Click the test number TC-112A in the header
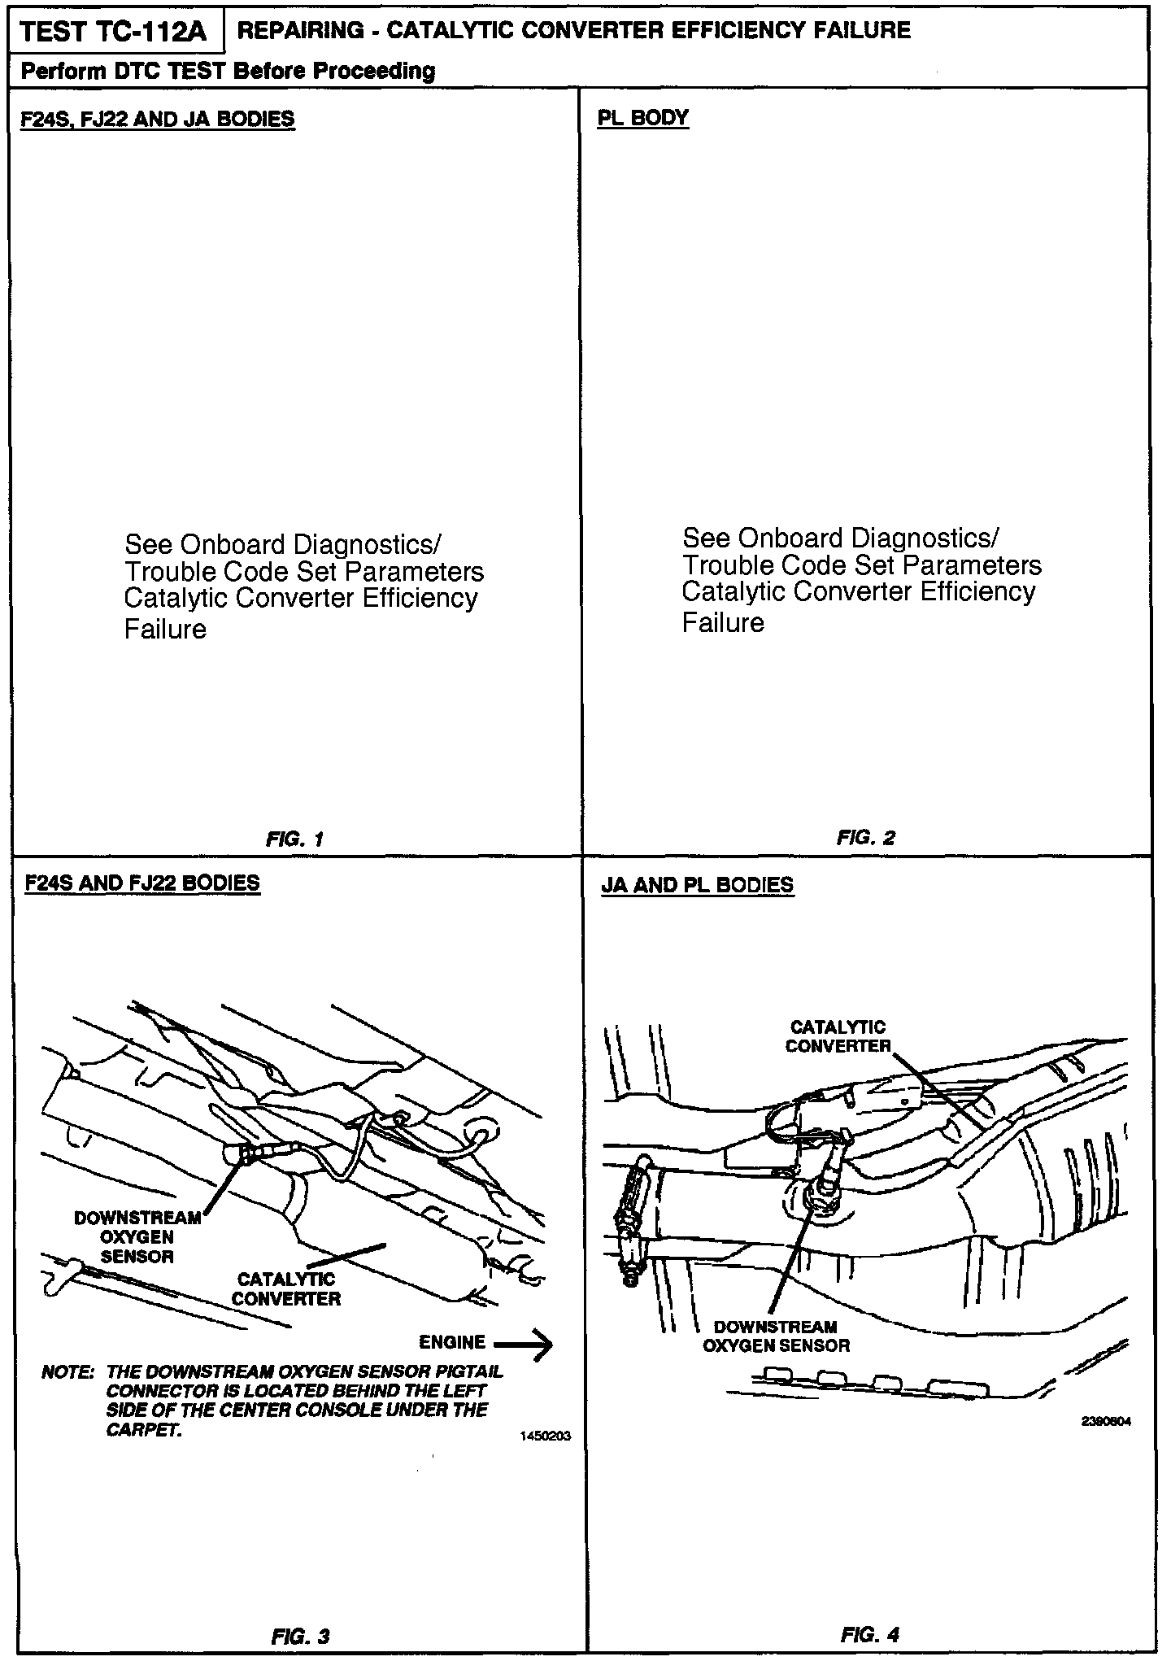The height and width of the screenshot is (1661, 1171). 114,33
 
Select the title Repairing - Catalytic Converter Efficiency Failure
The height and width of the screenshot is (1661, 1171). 573,31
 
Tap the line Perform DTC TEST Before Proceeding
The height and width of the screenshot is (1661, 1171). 228,72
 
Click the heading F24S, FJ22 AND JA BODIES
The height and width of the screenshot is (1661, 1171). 158,120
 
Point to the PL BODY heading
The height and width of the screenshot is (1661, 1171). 642,118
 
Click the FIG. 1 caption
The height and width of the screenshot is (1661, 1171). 294,839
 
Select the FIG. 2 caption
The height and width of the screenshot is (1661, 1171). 865,838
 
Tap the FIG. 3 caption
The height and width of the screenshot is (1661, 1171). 300,1636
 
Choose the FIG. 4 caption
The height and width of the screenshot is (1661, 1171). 870,1634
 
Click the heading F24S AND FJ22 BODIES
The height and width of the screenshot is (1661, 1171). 143,883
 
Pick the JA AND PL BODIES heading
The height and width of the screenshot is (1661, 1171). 697,885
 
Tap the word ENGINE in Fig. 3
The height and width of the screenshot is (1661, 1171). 452,1342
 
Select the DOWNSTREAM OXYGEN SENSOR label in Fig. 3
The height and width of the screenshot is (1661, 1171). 137,1237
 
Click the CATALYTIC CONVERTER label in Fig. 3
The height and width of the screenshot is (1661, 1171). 286,1289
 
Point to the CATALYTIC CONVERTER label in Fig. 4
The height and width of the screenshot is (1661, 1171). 838,1037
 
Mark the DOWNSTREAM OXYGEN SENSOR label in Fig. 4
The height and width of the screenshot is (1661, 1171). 776,1336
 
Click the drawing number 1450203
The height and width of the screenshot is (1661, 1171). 545,1436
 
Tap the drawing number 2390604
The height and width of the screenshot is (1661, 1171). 1106,1422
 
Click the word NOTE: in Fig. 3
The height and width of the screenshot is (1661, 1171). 67,1372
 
